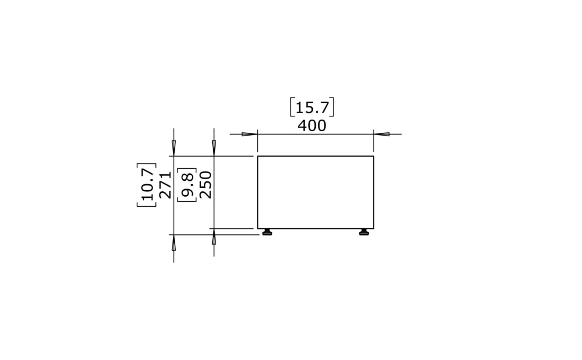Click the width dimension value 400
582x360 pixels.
click(x=312, y=126)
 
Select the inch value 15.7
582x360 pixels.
click(x=312, y=108)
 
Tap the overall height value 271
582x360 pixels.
click(x=165, y=185)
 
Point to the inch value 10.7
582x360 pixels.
click(x=147, y=185)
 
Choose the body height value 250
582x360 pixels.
click(x=206, y=185)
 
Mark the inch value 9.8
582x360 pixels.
click(x=187, y=185)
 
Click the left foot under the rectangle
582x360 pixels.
click(x=267, y=232)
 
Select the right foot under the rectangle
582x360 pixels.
click(x=364, y=232)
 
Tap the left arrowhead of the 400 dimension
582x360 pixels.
click(x=250, y=134)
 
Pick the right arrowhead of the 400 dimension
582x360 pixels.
click(x=381, y=134)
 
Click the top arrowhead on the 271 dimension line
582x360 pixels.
click(x=174, y=148)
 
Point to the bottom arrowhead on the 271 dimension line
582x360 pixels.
click(x=174, y=243)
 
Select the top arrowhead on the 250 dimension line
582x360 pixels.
click(x=214, y=148)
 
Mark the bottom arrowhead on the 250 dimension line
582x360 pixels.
click(x=214, y=237)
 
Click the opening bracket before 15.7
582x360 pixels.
click(x=292, y=108)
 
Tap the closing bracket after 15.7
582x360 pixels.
click(x=332, y=108)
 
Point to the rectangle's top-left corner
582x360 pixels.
click(x=258, y=157)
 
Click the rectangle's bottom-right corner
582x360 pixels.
click(x=373, y=228)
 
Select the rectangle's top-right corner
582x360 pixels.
click(x=373, y=157)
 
